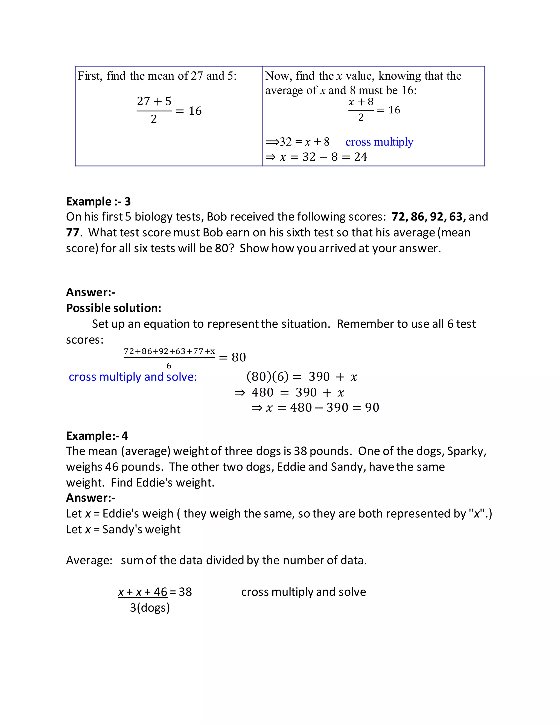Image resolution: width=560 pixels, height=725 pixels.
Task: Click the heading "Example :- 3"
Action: click(x=98, y=202)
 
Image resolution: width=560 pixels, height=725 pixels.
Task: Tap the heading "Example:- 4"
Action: click(x=97, y=436)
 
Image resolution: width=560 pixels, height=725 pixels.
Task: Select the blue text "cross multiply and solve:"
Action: click(x=133, y=377)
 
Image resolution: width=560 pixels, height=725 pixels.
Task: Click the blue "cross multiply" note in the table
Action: click(x=379, y=142)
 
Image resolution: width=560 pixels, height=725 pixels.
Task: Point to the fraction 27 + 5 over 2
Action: click(x=154, y=110)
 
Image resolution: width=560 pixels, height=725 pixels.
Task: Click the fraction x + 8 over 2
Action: click(x=361, y=109)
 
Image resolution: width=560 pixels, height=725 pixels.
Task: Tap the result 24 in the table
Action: click(x=361, y=157)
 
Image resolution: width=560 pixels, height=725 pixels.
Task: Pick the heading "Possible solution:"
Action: click(x=113, y=308)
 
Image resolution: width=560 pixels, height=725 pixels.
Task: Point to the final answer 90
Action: click(x=372, y=408)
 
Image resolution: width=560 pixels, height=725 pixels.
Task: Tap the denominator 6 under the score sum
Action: click(x=169, y=366)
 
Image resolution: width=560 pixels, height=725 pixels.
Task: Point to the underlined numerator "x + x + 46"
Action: click(x=143, y=592)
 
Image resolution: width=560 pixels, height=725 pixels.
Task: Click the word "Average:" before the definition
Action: click(x=89, y=560)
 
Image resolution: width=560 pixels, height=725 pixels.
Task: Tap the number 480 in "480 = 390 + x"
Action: click(x=262, y=392)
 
